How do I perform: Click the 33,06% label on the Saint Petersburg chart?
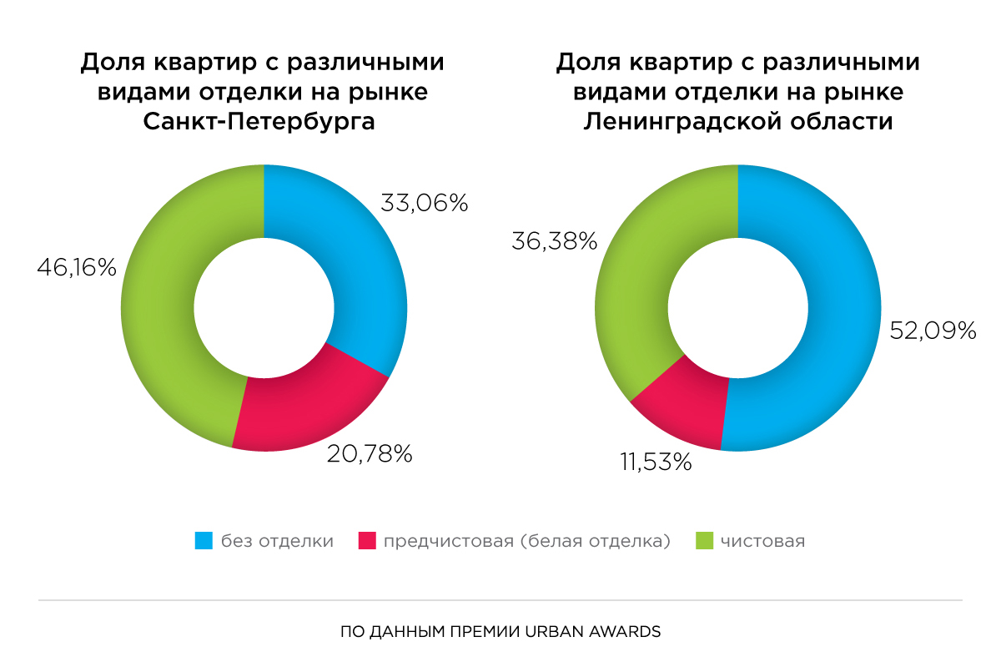tap(425, 202)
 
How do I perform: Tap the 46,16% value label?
tap(77, 268)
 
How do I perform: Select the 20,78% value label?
tap(370, 454)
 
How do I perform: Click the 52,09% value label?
tap(933, 331)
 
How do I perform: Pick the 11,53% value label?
tap(655, 462)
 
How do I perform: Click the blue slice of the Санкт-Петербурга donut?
tap(359, 267)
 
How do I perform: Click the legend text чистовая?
tap(762, 541)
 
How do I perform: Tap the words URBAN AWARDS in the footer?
tap(608, 631)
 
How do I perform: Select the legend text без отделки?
tap(277, 541)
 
